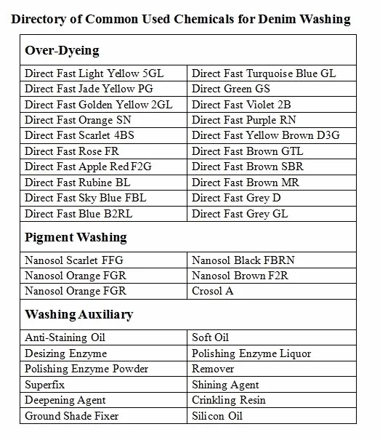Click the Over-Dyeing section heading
[x=62, y=51]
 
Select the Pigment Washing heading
[x=76, y=237]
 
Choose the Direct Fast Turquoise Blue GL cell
[x=263, y=73]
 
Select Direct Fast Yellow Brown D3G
[x=266, y=136]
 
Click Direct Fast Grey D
[x=237, y=199]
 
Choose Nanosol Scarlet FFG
[x=76, y=260]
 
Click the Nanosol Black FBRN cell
[x=243, y=260]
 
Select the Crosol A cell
[x=213, y=291]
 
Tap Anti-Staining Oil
[x=65, y=338]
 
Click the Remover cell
[x=212, y=369]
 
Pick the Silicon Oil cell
[x=217, y=416]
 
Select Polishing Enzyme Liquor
[x=251, y=353]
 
